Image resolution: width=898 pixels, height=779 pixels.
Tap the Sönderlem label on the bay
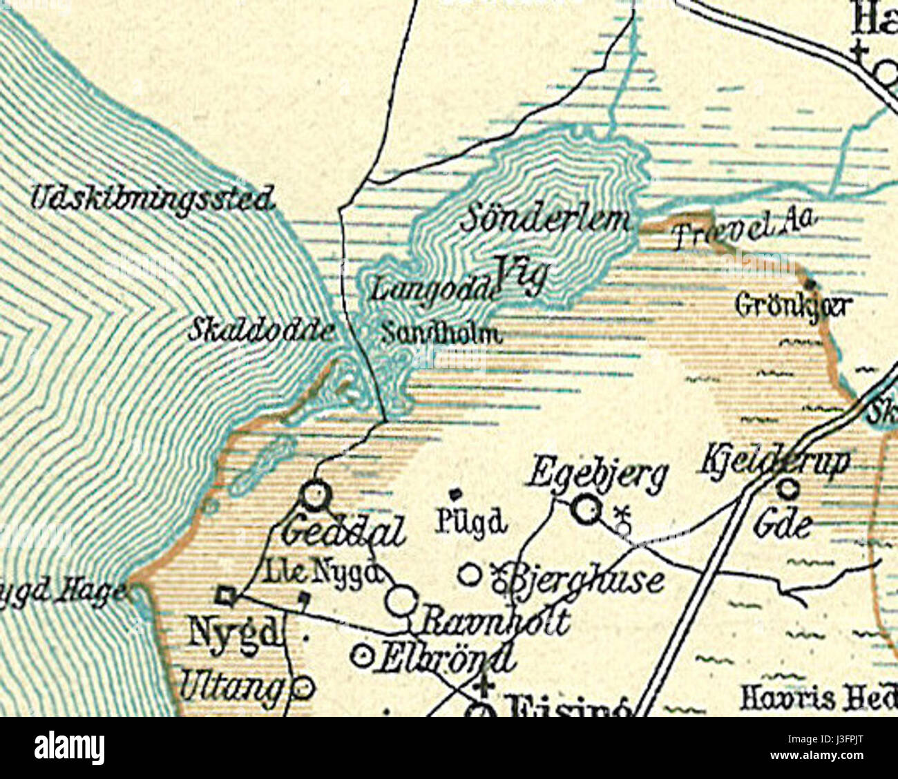(x=546, y=220)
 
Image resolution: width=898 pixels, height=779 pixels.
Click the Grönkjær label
(x=794, y=305)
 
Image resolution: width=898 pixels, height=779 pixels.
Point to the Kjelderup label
(x=776, y=461)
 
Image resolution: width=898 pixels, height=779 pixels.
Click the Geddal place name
(x=344, y=532)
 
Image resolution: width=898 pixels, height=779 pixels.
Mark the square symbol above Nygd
(x=226, y=595)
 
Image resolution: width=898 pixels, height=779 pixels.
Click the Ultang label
(x=232, y=686)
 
